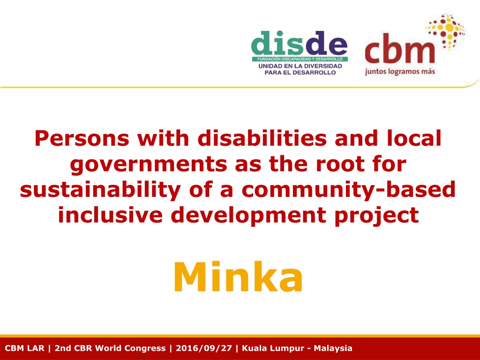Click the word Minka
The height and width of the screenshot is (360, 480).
coord(238,277)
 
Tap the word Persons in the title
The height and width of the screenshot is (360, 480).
coord(82,138)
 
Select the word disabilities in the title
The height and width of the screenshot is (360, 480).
coord(262,138)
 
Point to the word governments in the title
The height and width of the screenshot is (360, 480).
coord(149,165)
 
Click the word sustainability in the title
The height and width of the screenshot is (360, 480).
coord(100,190)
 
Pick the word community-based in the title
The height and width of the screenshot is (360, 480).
coord(349,190)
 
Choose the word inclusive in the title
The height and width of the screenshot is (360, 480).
coord(110,215)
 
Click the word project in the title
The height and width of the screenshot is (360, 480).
coord(377,216)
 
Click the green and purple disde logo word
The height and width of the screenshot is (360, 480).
coord(300,43)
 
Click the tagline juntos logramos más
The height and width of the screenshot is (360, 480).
coord(400,72)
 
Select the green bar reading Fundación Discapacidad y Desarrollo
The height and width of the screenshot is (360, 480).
coord(300,59)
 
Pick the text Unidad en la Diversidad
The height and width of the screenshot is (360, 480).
coord(300,66)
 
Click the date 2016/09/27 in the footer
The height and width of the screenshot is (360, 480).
coord(203,348)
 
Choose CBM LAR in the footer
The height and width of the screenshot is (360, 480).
coord(24,348)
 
